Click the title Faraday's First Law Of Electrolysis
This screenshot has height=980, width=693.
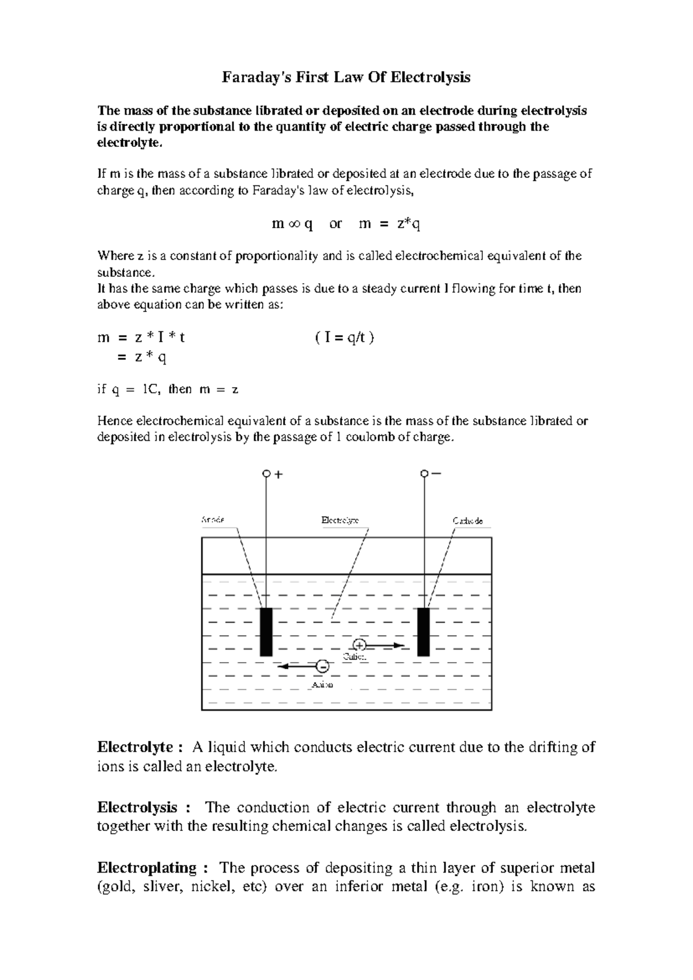click(x=346, y=77)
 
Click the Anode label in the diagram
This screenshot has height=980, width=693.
click(x=213, y=519)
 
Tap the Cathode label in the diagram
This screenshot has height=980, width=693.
click(x=468, y=521)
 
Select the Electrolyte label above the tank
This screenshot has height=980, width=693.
click(x=340, y=520)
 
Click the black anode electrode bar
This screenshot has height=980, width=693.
click(x=266, y=632)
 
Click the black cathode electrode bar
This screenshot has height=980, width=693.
click(x=423, y=632)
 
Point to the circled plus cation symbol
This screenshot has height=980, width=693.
click(x=359, y=645)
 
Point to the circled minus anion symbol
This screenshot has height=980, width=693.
click(x=323, y=666)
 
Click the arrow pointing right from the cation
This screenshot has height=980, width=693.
click(x=386, y=645)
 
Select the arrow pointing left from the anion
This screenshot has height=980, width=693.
click(x=297, y=666)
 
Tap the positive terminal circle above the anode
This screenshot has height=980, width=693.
click(x=266, y=474)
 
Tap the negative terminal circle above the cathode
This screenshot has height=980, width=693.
click(x=424, y=474)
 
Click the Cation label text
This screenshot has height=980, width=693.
click(x=355, y=657)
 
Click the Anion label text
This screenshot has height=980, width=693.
click(x=322, y=685)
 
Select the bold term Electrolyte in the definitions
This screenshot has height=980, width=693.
click(x=136, y=747)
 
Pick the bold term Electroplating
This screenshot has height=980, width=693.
click(x=147, y=867)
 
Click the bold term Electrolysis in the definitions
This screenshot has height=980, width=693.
click(x=137, y=807)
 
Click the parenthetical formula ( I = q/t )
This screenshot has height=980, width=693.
click(x=345, y=339)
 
